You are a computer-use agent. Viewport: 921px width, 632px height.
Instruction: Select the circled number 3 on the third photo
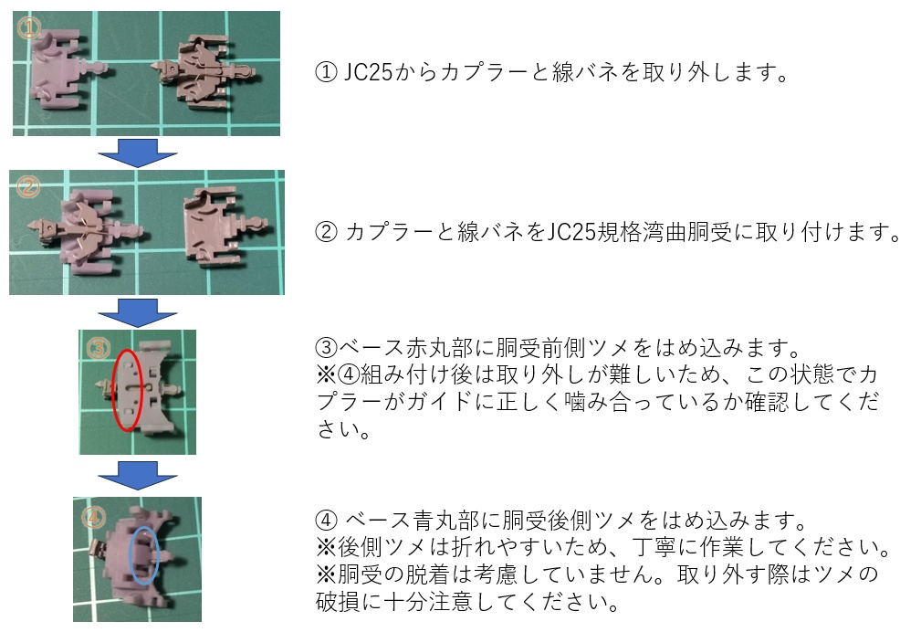click(x=97, y=347)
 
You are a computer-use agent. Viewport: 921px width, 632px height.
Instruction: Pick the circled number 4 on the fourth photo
click(x=94, y=517)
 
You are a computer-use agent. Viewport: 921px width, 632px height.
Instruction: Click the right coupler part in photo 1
click(x=204, y=68)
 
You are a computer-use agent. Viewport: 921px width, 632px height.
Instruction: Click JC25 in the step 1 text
click(x=368, y=72)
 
